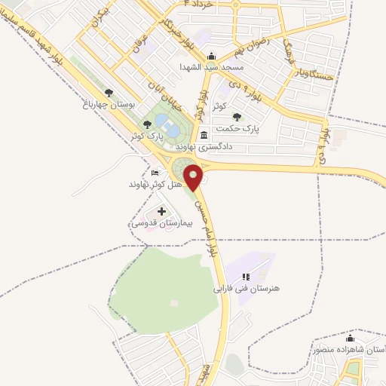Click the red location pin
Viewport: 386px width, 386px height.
pyautogui.click(x=195, y=177)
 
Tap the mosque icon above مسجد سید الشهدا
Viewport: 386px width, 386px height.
pyautogui.click(x=211, y=56)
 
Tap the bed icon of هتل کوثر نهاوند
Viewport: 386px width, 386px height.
pyautogui.click(x=155, y=173)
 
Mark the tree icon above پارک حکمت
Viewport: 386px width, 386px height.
pyautogui.click(x=238, y=117)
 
